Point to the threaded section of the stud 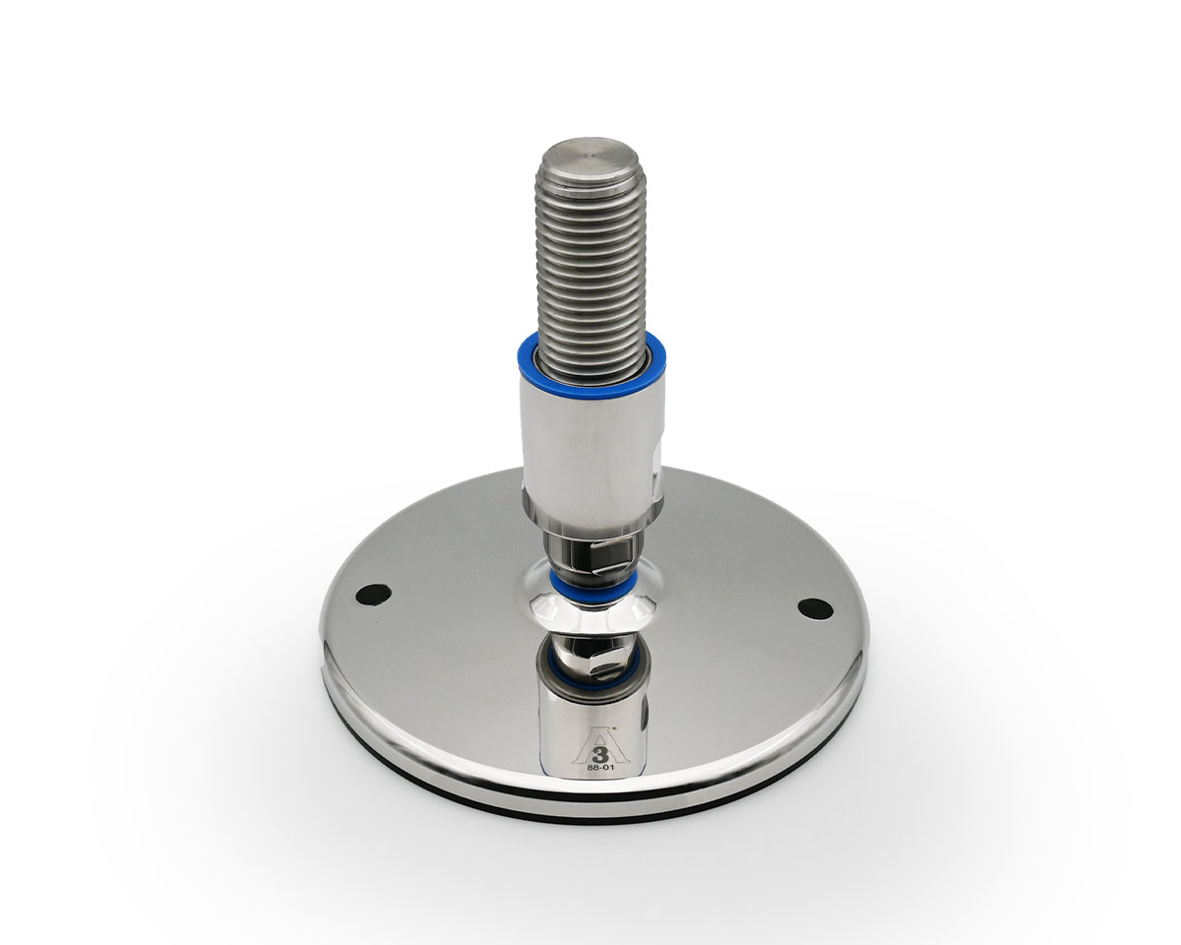[591, 266]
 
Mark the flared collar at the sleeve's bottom [590, 517]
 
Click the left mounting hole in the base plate [374, 594]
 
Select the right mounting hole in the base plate [815, 608]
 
